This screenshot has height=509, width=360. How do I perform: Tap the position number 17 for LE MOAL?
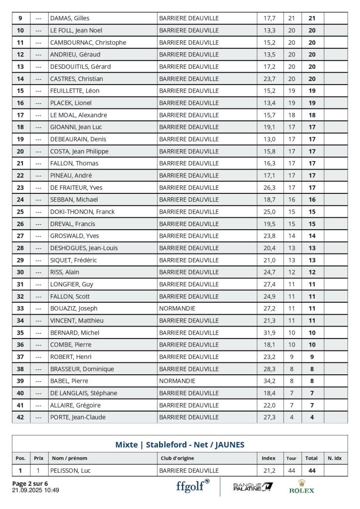(x=20, y=115)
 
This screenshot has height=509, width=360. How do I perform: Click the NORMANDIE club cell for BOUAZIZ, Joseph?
(x=178, y=308)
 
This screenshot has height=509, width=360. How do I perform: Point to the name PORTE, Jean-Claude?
(x=78, y=417)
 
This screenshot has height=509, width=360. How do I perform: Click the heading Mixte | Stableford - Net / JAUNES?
(x=180, y=444)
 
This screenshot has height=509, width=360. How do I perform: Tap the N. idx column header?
(x=335, y=458)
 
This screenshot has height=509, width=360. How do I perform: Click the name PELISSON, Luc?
(x=70, y=470)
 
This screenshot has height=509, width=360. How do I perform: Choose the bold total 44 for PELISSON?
(x=312, y=470)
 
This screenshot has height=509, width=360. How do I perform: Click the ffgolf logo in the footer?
(x=192, y=486)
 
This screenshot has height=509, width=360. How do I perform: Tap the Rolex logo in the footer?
(x=302, y=486)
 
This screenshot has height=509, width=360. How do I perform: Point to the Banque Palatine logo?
(x=253, y=486)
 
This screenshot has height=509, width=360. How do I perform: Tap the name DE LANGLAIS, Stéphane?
(x=84, y=393)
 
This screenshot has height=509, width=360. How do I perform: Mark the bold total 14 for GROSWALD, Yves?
(x=312, y=236)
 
